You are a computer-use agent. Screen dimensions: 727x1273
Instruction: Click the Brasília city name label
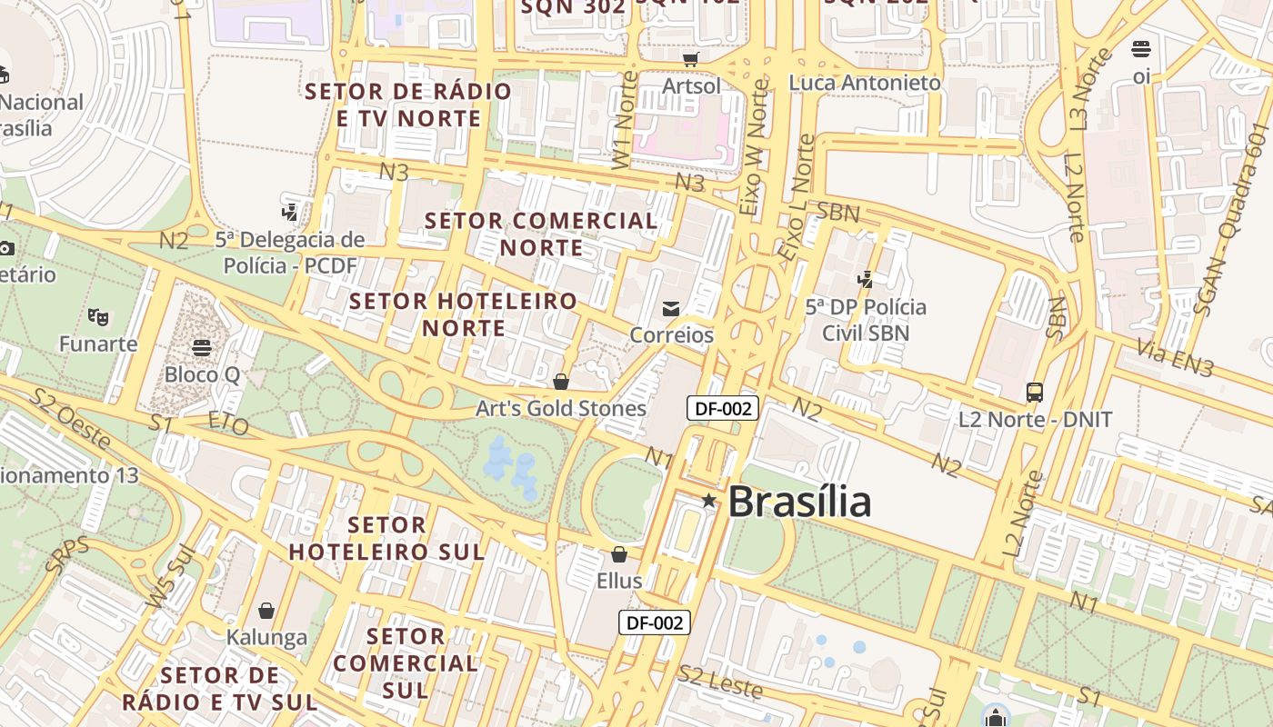click(799, 502)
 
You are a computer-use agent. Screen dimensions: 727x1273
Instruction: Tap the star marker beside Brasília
click(709, 501)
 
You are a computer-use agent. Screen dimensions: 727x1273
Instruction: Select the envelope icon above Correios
click(671, 309)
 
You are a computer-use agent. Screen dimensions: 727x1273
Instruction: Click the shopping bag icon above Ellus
click(619, 554)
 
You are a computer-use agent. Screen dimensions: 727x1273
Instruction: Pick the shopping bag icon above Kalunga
click(266, 611)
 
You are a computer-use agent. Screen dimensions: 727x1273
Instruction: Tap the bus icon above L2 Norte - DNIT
click(1035, 393)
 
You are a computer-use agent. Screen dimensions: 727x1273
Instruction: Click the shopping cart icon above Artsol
click(691, 59)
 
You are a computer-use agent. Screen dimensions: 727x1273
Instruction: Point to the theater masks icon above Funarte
click(98, 317)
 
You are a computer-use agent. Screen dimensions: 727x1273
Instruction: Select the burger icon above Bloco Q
click(202, 348)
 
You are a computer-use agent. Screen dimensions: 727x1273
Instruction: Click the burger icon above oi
click(1141, 49)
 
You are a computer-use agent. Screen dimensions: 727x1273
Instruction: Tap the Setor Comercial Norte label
click(541, 234)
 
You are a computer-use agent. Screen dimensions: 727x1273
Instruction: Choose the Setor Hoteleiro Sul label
click(386, 538)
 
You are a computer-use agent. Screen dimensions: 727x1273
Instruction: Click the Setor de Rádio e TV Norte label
click(408, 105)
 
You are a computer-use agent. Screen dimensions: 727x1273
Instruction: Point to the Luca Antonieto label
click(865, 83)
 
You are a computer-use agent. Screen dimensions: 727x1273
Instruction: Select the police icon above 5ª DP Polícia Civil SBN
click(865, 280)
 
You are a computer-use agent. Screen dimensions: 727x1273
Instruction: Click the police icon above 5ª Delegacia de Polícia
click(290, 213)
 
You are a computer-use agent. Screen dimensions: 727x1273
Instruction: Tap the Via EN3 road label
click(1176, 357)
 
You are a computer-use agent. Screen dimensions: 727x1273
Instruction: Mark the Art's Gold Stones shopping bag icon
click(561, 382)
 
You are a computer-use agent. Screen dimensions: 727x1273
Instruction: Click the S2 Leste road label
click(720, 682)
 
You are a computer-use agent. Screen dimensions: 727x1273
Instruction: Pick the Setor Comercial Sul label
click(405, 662)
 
